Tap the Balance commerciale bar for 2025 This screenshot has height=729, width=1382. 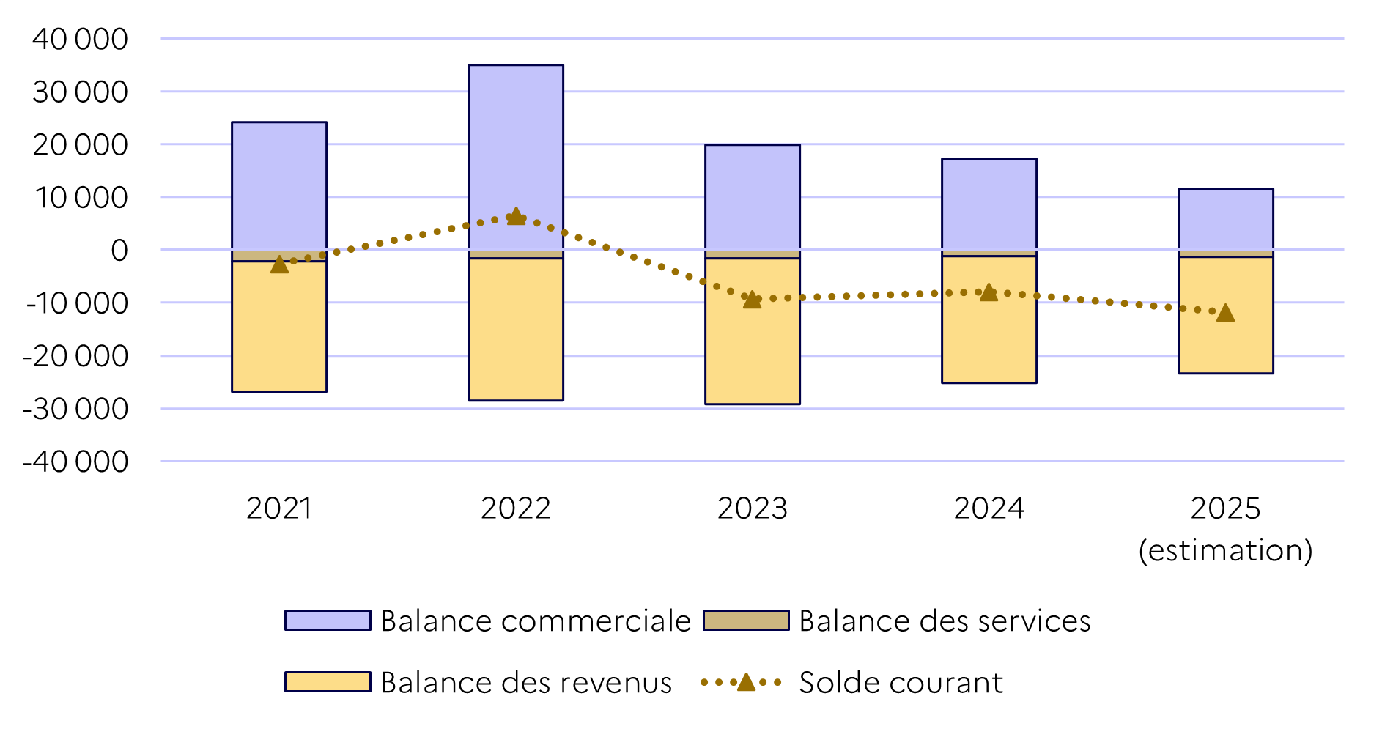(x=1225, y=219)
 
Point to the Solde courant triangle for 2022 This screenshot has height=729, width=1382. (x=516, y=216)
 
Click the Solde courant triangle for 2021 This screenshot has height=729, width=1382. (x=279, y=264)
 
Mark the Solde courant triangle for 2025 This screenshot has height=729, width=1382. (x=1225, y=313)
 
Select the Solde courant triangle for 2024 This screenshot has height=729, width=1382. (x=989, y=292)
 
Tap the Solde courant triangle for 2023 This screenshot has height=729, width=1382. (x=752, y=299)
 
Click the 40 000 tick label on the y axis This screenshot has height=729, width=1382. (x=80, y=39)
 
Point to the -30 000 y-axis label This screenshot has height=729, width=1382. (x=75, y=409)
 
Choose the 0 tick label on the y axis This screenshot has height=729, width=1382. (x=119, y=251)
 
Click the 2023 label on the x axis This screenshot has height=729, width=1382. (x=752, y=508)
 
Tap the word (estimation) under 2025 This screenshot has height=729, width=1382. (x=1225, y=550)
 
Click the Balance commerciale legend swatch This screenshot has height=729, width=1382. (x=328, y=621)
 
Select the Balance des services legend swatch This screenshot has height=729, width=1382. (x=746, y=621)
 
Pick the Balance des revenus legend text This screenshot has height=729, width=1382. (x=526, y=682)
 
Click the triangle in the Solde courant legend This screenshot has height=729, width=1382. (x=746, y=682)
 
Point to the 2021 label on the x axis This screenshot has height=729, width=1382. (x=278, y=508)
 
